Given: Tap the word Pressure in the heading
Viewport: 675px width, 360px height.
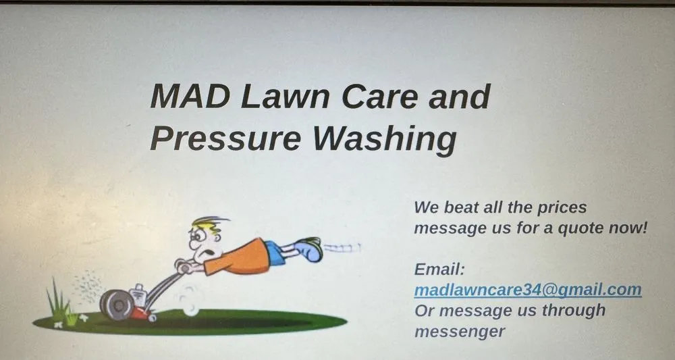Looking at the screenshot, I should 224,138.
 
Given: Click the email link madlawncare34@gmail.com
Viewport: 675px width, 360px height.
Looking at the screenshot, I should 527,290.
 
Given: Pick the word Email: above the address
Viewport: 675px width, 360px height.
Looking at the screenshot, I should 439,269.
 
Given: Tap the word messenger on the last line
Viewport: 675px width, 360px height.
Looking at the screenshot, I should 459,332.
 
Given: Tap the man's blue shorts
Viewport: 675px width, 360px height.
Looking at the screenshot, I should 274,252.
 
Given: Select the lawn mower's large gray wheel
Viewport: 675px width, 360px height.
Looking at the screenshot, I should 116,305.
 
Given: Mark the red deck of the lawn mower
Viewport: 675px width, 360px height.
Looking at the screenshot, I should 140,313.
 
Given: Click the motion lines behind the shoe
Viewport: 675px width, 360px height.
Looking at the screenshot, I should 341,249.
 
